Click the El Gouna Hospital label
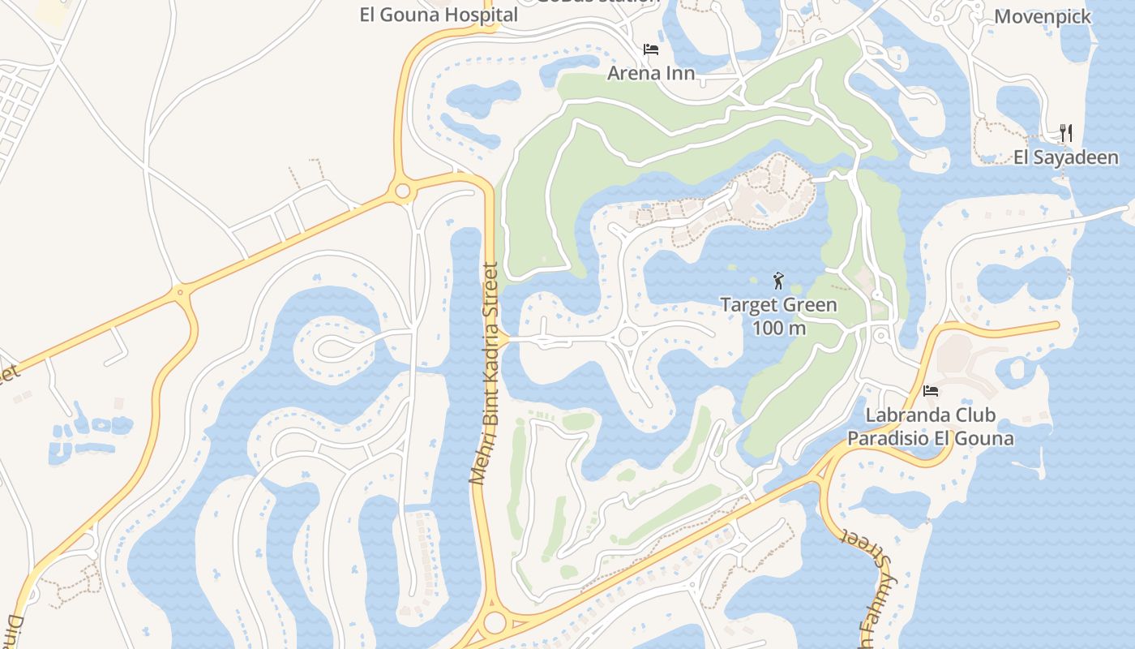[439, 15]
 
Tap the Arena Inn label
[651, 73]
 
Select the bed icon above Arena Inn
[651, 49]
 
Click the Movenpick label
[1043, 16]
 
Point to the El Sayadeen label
[1066, 157]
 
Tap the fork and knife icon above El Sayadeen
[1066, 133]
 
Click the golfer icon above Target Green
[778, 281]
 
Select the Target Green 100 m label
[778, 316]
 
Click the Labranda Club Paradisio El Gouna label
[931, 427]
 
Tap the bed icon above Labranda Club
[931, 391]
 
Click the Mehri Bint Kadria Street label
[488, 373]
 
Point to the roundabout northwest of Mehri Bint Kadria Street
[402, 191]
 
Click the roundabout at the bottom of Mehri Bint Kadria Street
[495, 623]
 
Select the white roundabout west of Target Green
[628, 337]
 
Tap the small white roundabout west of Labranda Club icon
[881, 335]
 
